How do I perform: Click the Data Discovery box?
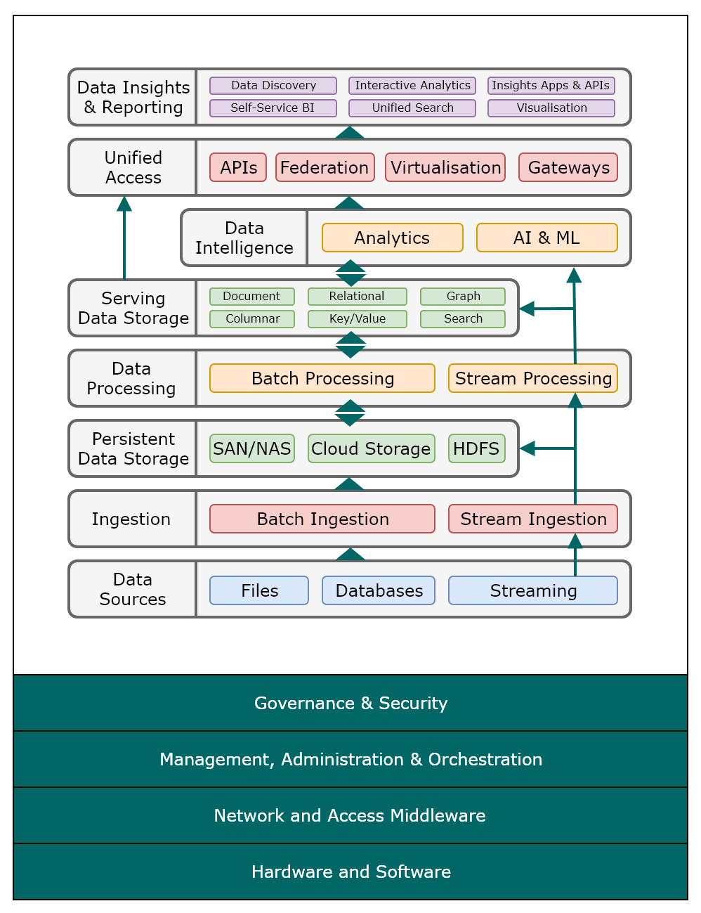pos(273,86)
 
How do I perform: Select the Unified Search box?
pos(412,108)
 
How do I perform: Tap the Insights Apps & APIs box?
pos(551,86)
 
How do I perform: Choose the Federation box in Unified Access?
pos(325,167)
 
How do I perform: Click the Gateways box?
pos(568,167)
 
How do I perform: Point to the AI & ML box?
pos(546,238)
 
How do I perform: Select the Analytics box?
pos(392,238)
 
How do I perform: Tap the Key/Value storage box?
pos(357,319)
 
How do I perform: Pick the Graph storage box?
pos(463,297)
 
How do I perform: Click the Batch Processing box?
pos(322,378)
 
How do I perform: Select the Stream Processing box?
pos(533,378)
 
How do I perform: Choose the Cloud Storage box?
pos(371,448)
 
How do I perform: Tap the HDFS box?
pos(476,448)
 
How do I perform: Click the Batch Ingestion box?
pos(322,519)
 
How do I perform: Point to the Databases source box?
pos(379,590)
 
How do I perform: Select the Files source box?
pos(259,590)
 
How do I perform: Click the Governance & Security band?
pos(350,703)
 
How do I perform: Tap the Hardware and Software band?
pos(350,872)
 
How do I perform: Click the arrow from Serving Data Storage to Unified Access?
pos(124,239)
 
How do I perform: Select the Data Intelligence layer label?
pos(244,238)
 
